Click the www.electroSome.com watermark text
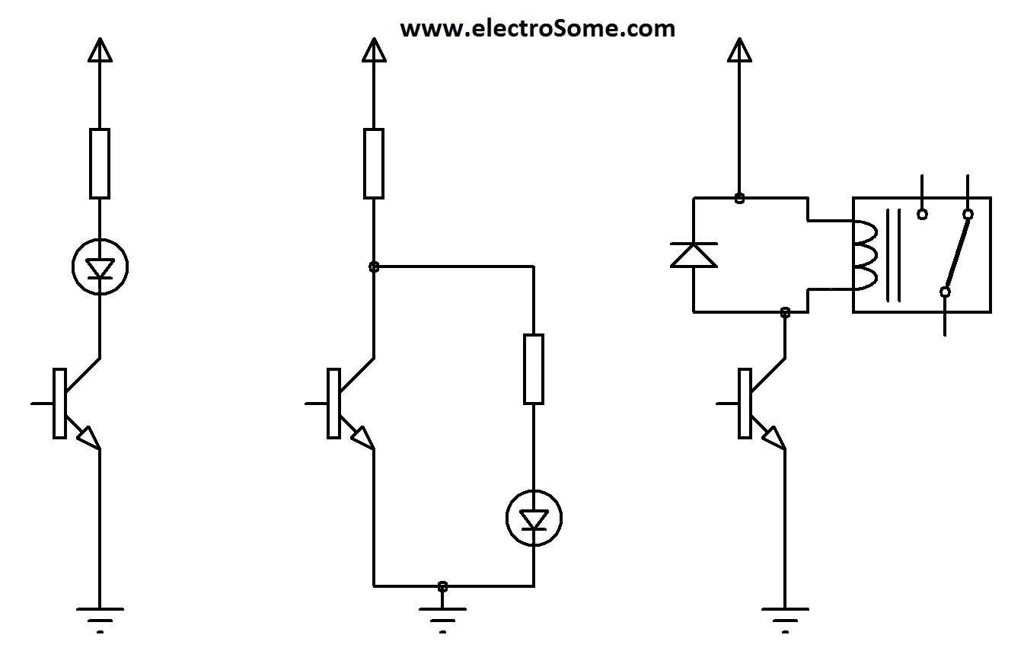tap(537, 29)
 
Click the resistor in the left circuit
tap(100, 163)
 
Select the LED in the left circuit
tap(100, 266)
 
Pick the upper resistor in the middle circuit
tap(373, 163)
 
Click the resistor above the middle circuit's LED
tap(533, 369)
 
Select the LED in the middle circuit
tap(534, 519)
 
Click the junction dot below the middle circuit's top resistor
tap(373, 266)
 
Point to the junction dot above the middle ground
tap(442, 586)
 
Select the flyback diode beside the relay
tap(693, 254)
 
